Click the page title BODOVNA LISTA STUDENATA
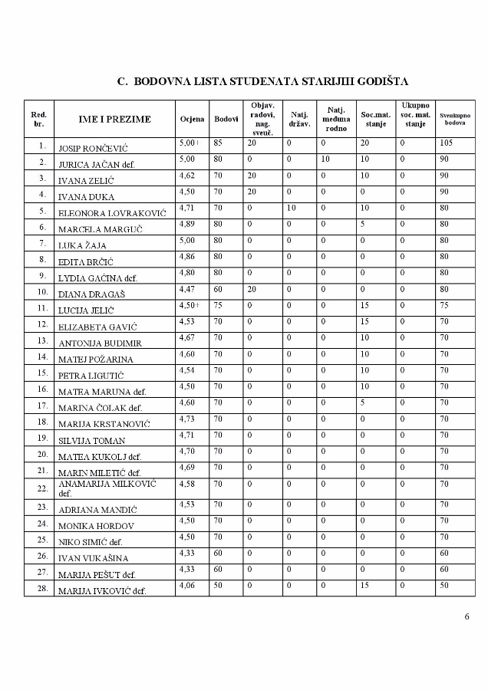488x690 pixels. coord(262,80)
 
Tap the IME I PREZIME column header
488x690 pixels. coord(114,119)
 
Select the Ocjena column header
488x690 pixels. coord(192,119)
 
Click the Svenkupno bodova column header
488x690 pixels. coord(455,119)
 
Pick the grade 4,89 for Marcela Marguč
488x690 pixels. coord(188,224)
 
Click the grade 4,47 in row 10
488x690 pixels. coord(188,290)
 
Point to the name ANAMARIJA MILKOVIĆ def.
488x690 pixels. coord(107,488)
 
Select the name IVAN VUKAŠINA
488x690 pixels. coord(93,557)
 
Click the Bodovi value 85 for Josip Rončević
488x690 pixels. coord(219,143)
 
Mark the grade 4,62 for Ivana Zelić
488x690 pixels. coord(188,175)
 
